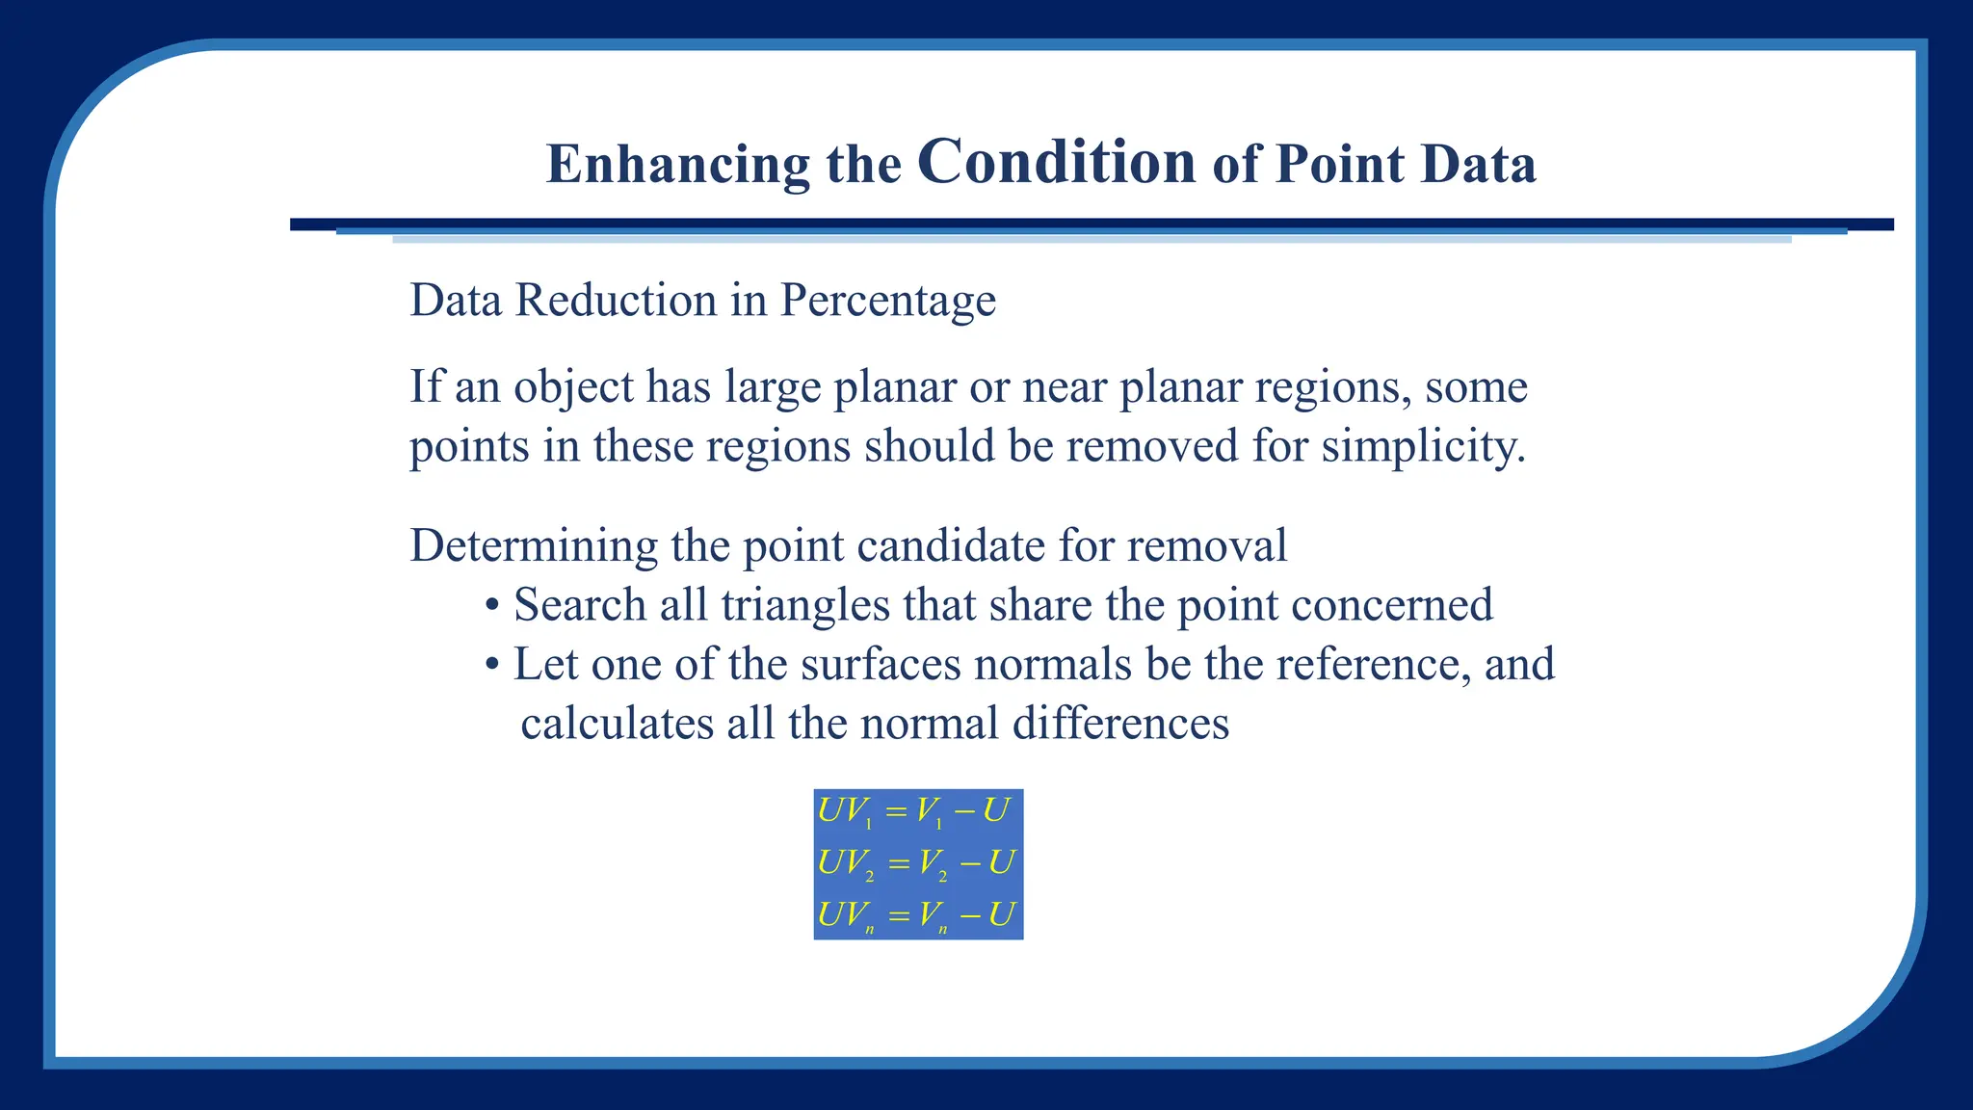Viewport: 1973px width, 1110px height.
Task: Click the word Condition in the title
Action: [1057, 161]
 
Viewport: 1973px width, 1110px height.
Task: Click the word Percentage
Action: [887, 301]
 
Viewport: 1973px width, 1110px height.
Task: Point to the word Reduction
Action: [616, 301]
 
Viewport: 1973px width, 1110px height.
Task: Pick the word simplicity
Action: [1422, 446]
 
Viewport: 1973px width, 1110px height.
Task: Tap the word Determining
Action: [534, 546]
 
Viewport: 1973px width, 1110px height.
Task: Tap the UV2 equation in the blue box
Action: [915, 863]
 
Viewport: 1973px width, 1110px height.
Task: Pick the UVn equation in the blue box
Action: [915, 915]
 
